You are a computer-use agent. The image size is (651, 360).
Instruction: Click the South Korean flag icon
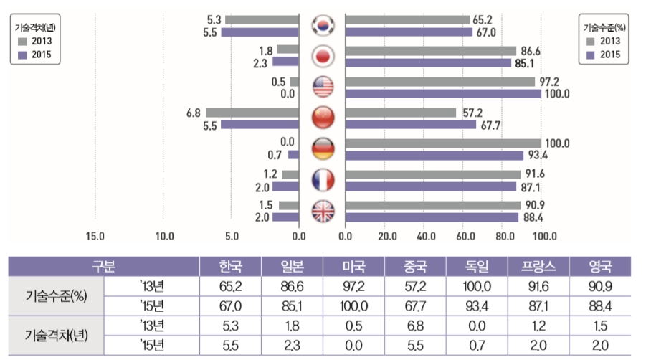click(323, 25)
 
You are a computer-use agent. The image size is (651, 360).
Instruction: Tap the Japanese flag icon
click(323, 56)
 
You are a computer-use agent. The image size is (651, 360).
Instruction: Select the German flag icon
click(323, 148)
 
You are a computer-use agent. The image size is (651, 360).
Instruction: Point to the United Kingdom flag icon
click(323, 211)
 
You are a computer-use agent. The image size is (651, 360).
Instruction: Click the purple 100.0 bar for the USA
click(443, 93)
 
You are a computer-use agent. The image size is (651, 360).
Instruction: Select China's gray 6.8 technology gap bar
click(252, 113)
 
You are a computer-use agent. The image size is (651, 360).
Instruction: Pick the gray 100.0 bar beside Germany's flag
click(443, 143)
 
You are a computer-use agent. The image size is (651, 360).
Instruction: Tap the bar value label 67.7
click(490, 125)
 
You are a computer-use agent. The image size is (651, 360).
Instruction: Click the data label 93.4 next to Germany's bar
click(538, 156)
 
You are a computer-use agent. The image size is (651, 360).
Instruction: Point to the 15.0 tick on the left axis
click(95, 236)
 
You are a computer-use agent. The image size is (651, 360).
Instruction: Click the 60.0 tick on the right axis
click(465, 236)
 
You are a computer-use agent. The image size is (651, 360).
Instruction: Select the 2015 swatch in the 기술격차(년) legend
click(22, 55)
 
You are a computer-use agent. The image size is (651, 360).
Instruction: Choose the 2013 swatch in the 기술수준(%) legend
click(590, 42)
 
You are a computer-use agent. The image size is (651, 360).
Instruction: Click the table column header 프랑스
click(538, 267)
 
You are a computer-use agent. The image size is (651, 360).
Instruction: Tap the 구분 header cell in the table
click(104, 267)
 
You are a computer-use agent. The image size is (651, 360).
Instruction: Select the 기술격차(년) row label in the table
click(56, 335)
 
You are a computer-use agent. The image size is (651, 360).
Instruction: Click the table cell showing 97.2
click(353, 287)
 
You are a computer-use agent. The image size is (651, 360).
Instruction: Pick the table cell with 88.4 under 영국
click(600, 306)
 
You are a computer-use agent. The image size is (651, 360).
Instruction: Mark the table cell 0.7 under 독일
click(477, 346)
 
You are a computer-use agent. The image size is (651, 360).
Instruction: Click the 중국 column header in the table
click(415, 267)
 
